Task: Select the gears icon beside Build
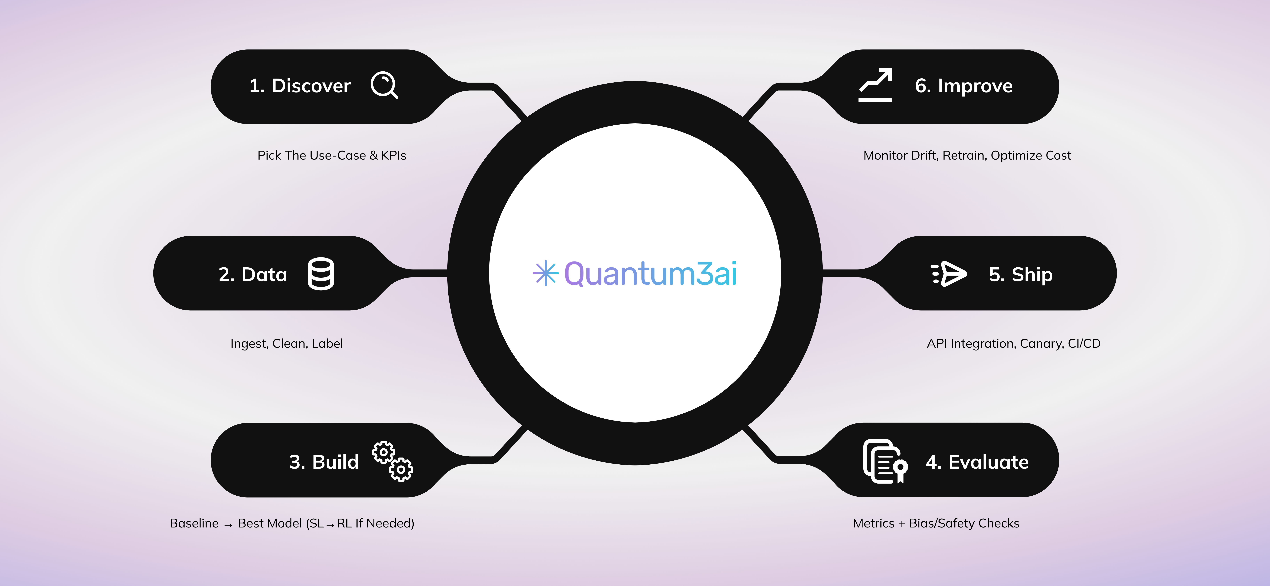(x=393, y=461)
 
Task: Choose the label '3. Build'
(x=324, y=462)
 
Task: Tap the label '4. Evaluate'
(x=977, y=462)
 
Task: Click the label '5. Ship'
(x=1021, y=274)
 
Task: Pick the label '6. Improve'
(x=964, y=86)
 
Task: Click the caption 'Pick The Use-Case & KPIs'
(x=332, y=155)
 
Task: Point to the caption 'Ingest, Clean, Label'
(x=287, y=343)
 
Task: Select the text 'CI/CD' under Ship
(x=1084, y=343)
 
